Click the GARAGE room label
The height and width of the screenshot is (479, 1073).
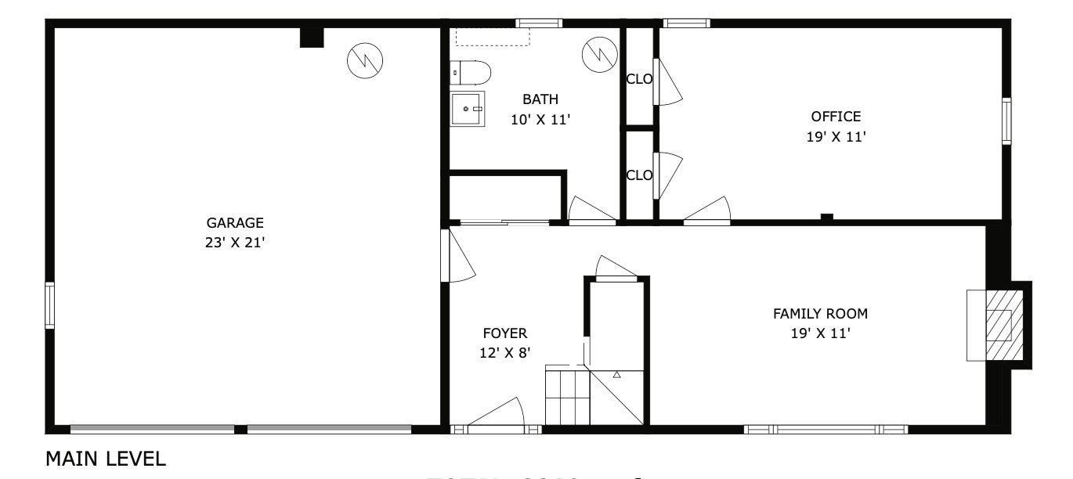tap(235, 222)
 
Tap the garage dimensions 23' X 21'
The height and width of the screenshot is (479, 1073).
tap(235, 243)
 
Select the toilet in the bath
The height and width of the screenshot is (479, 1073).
tap(471, 73)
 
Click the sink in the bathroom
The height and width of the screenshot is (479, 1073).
tap(468, 109)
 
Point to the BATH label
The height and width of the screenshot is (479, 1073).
tap(540, 99)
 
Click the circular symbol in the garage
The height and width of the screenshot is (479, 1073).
tap(365, 59)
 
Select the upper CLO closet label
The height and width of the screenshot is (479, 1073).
tap(639, 78)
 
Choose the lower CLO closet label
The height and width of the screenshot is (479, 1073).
tap(639, 175)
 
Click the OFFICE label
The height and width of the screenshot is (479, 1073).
tap(836, 117)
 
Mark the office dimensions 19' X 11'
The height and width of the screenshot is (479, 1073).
tap(836, 137)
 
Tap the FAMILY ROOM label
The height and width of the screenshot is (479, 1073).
tap(820, 314)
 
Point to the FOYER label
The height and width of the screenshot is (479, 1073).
tap(504, 333)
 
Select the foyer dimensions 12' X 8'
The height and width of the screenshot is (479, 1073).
tap(505, 353)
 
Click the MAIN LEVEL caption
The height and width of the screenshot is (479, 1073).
tap(106, 459)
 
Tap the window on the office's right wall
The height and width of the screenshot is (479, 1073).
tap(1006, 121)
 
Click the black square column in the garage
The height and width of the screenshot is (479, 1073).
tap(312, 38)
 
